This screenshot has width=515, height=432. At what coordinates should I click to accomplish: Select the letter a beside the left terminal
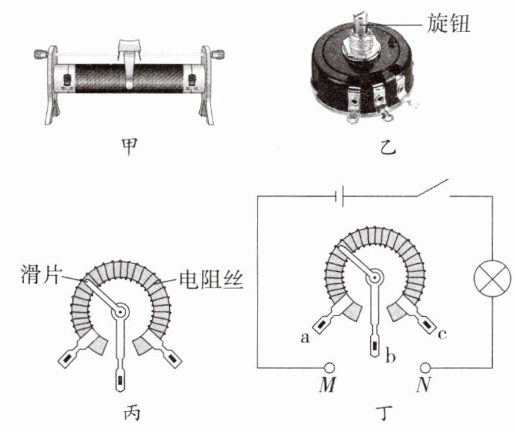pyautogui.click(x=304, y=339)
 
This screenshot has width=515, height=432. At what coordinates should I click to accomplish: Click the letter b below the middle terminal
pyautogui.click(x=390, y=356)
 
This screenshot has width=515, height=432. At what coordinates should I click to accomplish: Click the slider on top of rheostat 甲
pyautogui.click(x=131, y=50)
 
